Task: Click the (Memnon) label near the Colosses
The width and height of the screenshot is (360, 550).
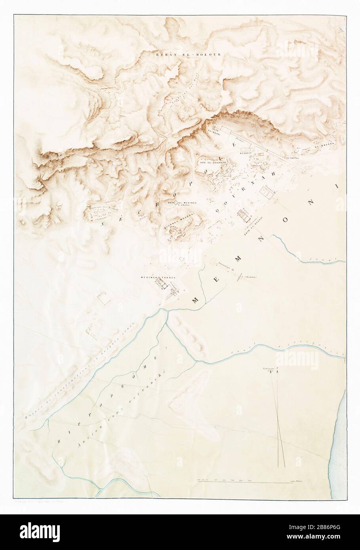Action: [x=251, y=277]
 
